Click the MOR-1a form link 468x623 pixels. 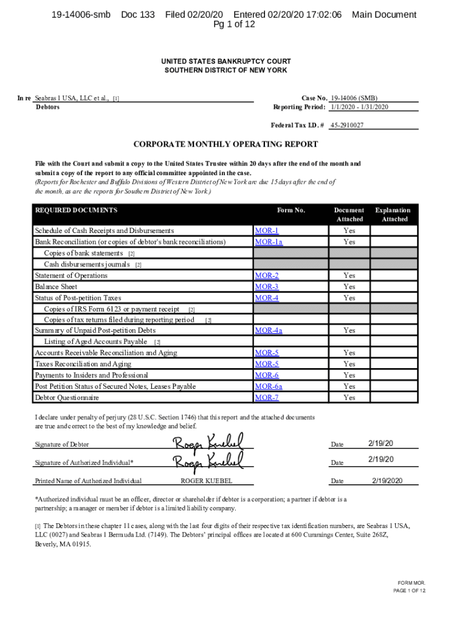[269, 242]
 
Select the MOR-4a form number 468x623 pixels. [269, 330]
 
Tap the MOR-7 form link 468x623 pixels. [267, 398]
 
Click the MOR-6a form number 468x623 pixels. [269, 386]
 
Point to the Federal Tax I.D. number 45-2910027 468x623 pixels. [347, 125]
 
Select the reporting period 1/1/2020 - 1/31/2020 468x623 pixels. [359, 107]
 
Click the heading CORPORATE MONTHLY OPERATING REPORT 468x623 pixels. [225, 145]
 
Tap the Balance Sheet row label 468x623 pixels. [56, 287]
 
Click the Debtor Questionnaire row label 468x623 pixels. [67, 398]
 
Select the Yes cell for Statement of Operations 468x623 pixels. [349, 276]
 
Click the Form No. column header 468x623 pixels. [291, 211]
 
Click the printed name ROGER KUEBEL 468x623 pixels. [207, 481]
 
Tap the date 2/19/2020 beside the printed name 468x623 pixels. [387, 481]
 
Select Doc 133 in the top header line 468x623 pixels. [138, 15]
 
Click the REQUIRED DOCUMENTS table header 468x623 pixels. [76, 211]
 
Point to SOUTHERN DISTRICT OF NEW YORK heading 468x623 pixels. [225, 71]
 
